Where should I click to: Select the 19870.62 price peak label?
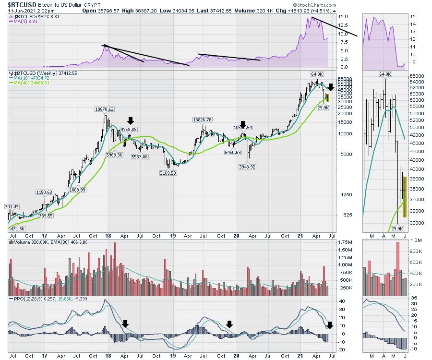click(x=104, y=109)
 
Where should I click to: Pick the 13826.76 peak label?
click(x=204, y=120)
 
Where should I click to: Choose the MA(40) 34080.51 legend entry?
click(x=35, y=83)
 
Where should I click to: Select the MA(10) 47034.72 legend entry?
click(x=35, y=78)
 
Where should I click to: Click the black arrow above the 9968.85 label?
click(x=131, y=120)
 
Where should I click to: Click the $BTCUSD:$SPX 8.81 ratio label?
click(x=35, y=17)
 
